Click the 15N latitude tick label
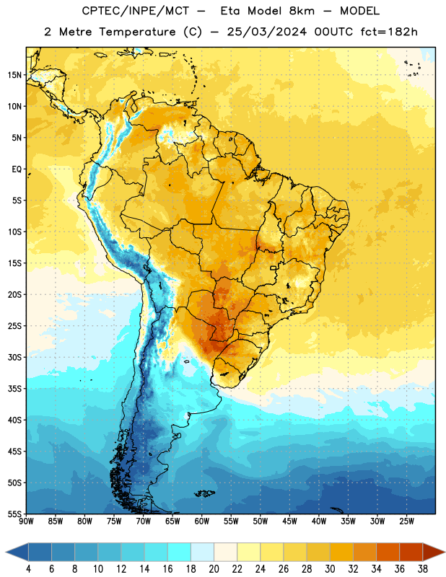click(x=14, y=75)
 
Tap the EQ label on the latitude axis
click(x=17, y=169)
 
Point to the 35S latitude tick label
click(x=14, y=389)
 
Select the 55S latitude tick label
click(x=14, y=514)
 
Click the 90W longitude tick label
click(x=26, y=521)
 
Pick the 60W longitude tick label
click(x=202, y=521)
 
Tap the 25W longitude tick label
click(x=406, y=521)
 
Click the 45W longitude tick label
click(x=289, y=521)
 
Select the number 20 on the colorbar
click(x=214, y=569)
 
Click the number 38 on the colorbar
click(x=422, y=569)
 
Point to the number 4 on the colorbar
click(x=28, y=569)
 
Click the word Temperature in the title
click(x=137, y=32)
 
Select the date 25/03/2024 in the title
click(x=266, y=32)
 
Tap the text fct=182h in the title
click(x=389, y=32)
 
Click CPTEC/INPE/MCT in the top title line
click(x=135, y=11)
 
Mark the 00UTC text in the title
click(x=333, y=32)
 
